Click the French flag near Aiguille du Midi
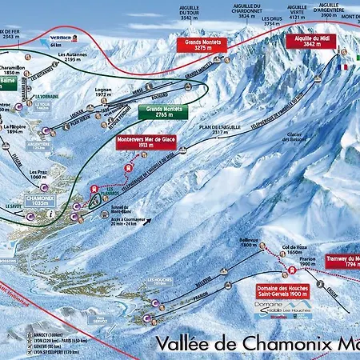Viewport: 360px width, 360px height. point(347,66)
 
